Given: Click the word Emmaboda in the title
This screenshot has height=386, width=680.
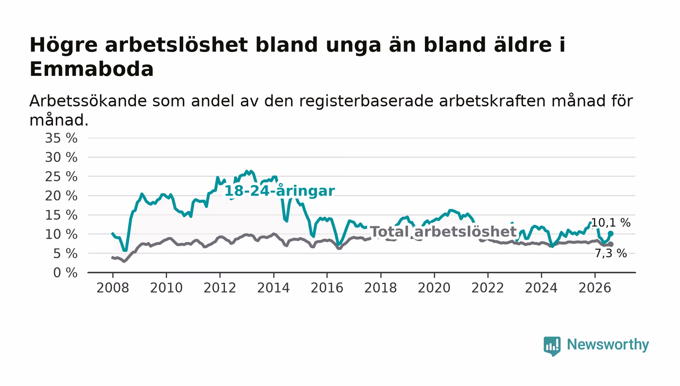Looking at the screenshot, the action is click(91, 69).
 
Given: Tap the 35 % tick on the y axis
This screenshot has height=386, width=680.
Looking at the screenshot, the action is click(61, 138).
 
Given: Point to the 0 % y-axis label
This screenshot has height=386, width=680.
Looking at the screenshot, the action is click(65, 273).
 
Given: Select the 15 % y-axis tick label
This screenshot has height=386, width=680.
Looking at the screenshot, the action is click(61, 215).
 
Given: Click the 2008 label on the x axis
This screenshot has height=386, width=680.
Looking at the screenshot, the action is click(113, 288).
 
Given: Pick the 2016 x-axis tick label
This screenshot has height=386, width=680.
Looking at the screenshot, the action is click(327, 288).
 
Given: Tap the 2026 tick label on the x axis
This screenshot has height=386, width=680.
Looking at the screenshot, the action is click(595, 288).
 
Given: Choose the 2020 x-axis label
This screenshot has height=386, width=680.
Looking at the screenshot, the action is click(434, 288).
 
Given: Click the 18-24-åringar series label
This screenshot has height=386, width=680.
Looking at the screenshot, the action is click(279, 191).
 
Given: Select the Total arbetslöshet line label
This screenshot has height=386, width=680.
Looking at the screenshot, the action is click(443, 231).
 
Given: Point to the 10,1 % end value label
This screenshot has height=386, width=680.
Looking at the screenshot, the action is click(611, 223).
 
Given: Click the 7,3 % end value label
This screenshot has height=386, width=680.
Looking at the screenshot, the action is click(611, 253).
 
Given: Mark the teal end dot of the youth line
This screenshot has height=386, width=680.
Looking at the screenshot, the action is click(611, 233).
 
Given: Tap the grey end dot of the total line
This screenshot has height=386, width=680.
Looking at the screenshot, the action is click(611, 244).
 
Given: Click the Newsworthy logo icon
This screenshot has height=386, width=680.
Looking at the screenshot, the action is click(552, 346).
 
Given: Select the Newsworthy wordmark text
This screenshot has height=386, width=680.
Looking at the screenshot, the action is click(608, 345).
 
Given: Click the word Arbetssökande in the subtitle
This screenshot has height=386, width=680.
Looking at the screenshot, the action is click(88, 101).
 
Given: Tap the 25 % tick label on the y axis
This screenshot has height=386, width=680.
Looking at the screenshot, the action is click(61, 176).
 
